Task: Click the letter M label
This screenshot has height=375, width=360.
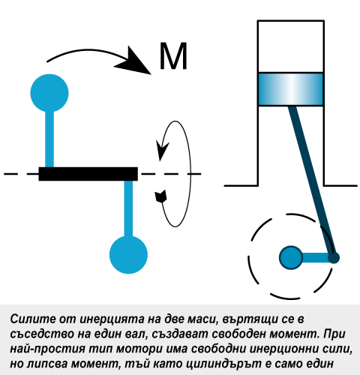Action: [173, 56]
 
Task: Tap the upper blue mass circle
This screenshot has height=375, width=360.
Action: [49, 93]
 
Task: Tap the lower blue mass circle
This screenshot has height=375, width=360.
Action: [128, 255]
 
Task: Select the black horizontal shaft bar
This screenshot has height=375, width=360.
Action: [88, 174]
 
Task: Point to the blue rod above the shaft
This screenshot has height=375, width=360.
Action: [49, 139]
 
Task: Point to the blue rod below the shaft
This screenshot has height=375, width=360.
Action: [128, 208]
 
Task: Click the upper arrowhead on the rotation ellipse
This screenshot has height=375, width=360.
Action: [162, 151]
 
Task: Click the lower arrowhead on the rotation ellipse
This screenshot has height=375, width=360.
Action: [161, 196]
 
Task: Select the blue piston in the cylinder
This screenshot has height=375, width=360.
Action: [291, 89]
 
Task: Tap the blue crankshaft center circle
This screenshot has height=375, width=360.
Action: [291, 257]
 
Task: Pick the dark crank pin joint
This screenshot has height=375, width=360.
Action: [334, 257]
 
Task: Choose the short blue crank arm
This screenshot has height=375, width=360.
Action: [315, 257]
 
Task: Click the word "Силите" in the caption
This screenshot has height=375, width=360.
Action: [33, 319]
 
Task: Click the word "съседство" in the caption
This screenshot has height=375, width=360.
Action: [39, 334]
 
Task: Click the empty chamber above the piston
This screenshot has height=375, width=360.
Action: [291, 46]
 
